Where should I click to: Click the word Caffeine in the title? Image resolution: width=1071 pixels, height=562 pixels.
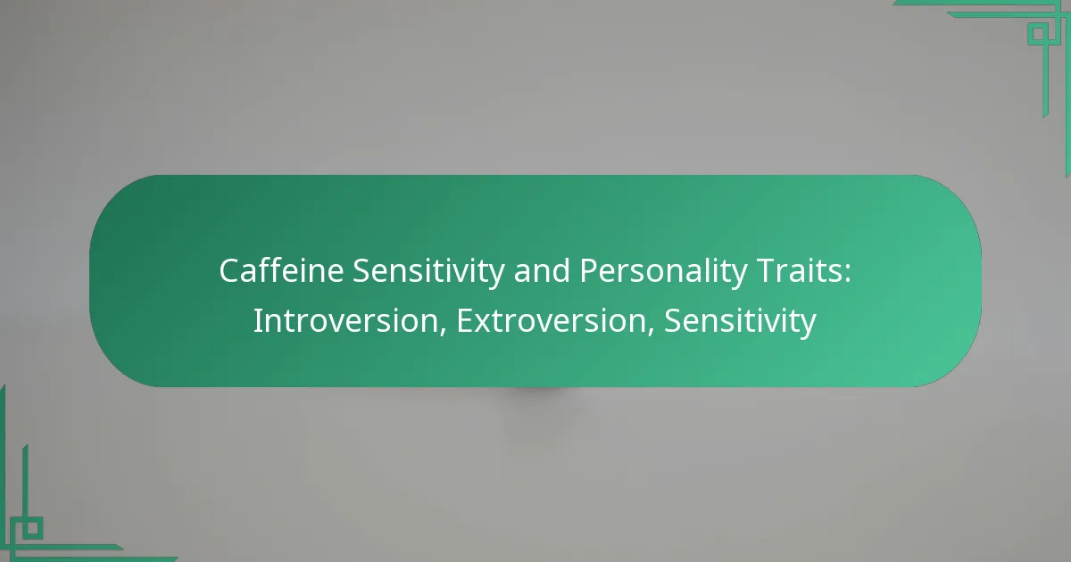click(x=281, y=272)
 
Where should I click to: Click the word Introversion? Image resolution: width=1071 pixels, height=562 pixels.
click(x=349, y=321)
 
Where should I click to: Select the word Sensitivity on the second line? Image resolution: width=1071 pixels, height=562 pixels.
click(x=740, y=321)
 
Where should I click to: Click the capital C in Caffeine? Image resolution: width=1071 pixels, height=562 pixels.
click(x=228, y=272)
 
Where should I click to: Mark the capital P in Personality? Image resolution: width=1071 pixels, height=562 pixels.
click(x=589, y=272)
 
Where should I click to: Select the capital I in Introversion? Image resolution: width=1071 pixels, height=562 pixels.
click(x=257, y=321)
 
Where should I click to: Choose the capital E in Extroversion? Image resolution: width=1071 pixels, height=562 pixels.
click(x=464, y=321)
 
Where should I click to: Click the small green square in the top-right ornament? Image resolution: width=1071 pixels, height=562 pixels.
click(x=1037, y=34)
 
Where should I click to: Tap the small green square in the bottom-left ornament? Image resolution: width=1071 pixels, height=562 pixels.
click(x=32, y=528)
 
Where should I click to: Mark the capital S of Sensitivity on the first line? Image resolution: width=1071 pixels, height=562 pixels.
click(x=361, y=272)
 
